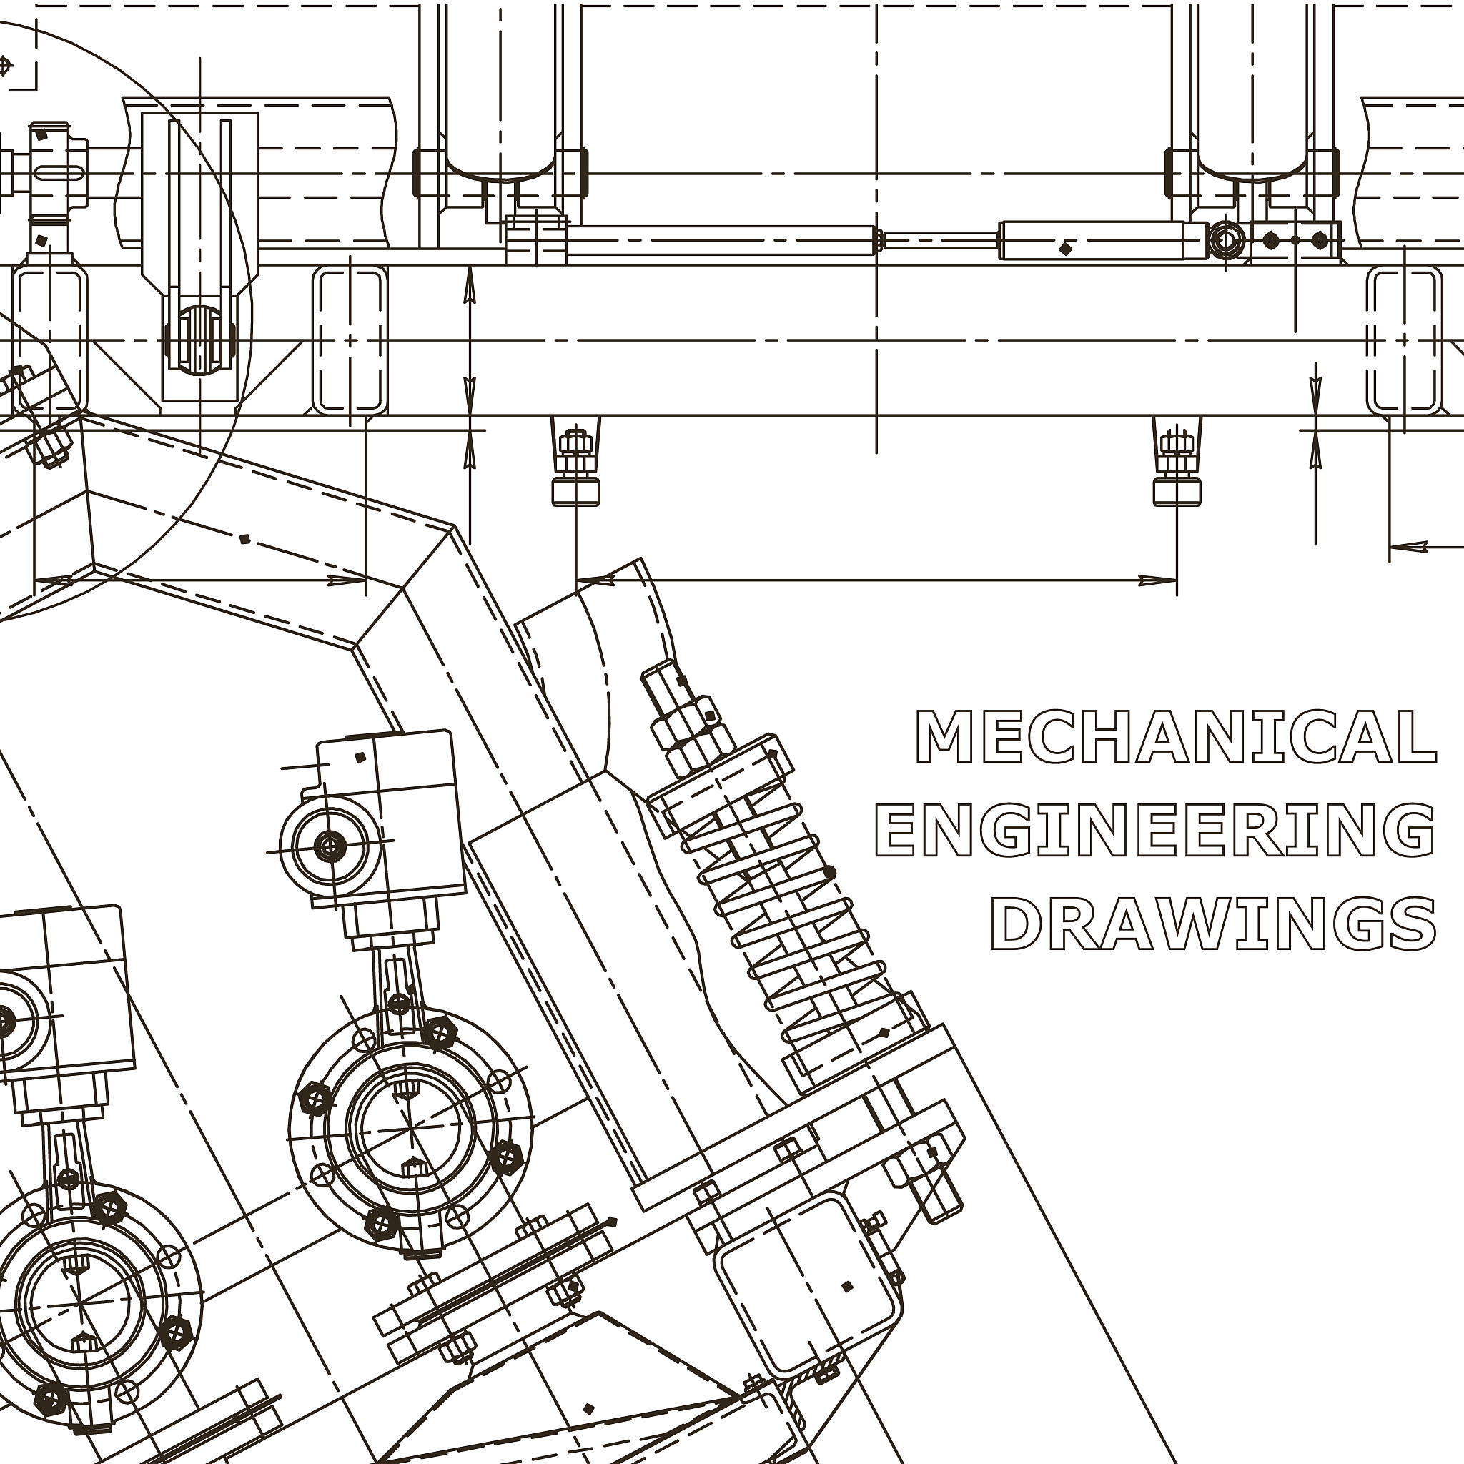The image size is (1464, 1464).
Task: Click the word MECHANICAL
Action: tap(1176, 736)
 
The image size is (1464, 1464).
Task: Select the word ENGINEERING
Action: tap(1156, 830)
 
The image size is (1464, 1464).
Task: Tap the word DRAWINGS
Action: tap(1214, 924)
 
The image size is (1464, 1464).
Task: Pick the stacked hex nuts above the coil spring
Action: tap(686, 716)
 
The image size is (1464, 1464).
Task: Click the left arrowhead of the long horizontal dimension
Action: tap(595, 581)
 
